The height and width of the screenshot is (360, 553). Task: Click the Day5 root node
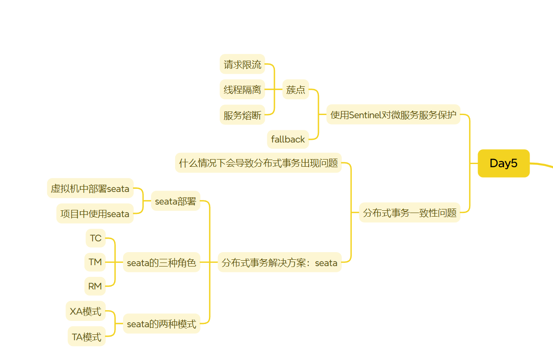(x=504, y=163)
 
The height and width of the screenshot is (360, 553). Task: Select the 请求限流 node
(x=242, y=65)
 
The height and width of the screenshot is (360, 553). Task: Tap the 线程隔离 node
(x=242, y=90)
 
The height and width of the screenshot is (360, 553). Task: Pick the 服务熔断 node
(x=242, y=116)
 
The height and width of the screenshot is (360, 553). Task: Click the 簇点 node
(x=296, y=90)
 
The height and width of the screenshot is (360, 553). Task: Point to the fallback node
(x=288, y=139)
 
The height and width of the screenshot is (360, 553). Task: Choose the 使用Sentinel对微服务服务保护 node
(x=393, y=115)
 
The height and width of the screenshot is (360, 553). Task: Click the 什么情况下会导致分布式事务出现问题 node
(x=258, y=163)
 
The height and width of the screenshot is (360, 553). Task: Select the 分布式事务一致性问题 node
(x=410, y=213)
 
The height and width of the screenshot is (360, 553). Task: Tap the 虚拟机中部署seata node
(x=90, y=188)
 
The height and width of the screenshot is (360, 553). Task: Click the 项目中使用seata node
(x=95, y=213)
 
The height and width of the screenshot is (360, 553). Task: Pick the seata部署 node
(x=176, y=201)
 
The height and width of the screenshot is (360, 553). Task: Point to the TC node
(x=96, y=238)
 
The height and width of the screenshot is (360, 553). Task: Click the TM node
(x=95, y=262)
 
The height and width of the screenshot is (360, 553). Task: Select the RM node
(x=95, y=286)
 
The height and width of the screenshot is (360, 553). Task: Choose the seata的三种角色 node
(x=161, y=263)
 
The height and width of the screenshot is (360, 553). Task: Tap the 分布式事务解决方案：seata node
(x=279, y=263)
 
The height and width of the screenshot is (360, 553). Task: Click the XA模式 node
(x=85, y=311)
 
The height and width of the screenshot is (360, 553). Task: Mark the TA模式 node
(x=87, y=337)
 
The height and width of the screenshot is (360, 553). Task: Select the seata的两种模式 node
(x=161, y=324)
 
